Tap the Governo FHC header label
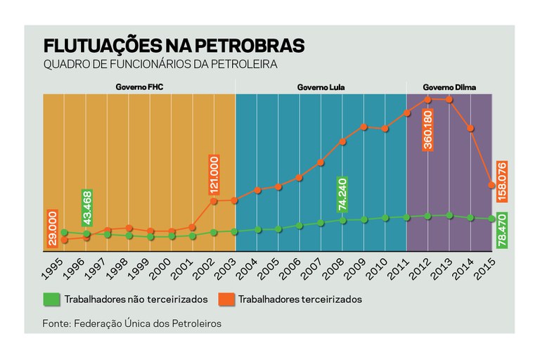click(139, 88)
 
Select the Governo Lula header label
click(321, 88)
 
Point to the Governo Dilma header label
click(449, 88)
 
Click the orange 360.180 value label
click(427, 129)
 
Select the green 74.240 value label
click(343, 195)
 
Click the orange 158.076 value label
click(502, 179)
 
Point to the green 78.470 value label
click(502, 229)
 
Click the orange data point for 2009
click(364, 127)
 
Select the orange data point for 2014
click(470, 129)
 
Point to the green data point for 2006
click(300, 226)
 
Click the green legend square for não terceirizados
click(51, 299)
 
